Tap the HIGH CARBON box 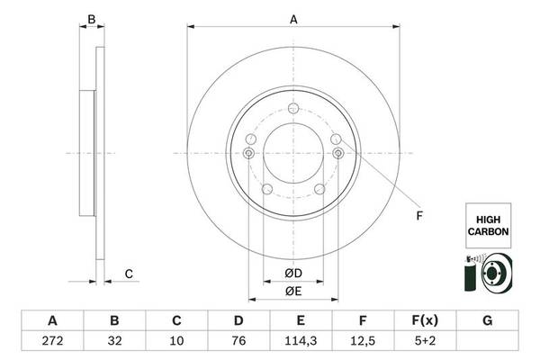click(x=487, y=225)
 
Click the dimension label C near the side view click(x=129, y=274)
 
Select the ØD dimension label click(x=292, y=274)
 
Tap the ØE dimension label click(x=292, y=291)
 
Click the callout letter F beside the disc click(x=418, y=216)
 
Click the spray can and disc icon click(x=487, y=273)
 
